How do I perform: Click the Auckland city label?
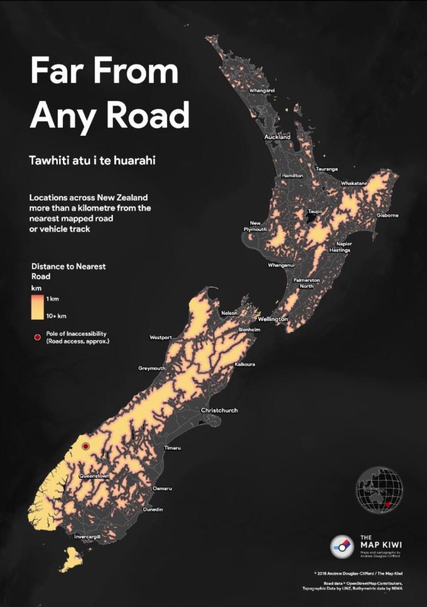point(277,137)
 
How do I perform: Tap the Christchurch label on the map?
point(219,410)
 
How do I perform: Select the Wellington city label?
point(272,319)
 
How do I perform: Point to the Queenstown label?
point(94,476)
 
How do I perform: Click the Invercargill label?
point(87,537)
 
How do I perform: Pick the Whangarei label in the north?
point(262,91)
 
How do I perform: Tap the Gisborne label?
point(387,215)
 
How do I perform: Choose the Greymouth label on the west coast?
point(152,368)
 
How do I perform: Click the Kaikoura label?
point(244,364)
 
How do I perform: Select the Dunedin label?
point(153,509)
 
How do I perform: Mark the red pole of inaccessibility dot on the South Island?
point(86,446)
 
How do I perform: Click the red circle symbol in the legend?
point(37,337)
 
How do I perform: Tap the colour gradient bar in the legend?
point(37,307)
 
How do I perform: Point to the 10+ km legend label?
point(56,316)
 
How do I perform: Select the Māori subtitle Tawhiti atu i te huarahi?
point(92,160)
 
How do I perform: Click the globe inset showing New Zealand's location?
point(379,490)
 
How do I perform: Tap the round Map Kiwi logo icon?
point(342,546)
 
